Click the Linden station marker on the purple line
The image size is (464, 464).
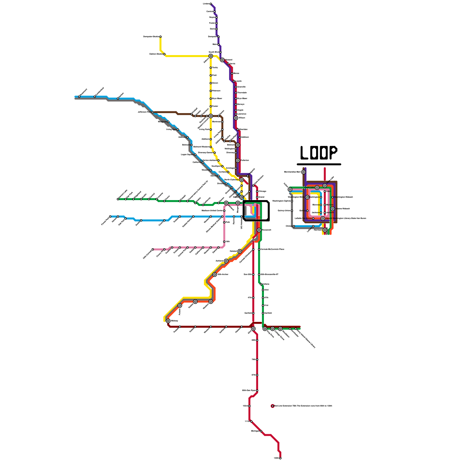[x=211, y=4]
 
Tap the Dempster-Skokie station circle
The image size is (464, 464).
[x=160, y=37]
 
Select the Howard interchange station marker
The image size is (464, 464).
[x=222, y=60]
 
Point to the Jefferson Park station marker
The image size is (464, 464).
[x=153, y=112]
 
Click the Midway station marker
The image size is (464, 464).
[x=168, y=321]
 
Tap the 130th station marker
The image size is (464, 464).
[x=280, y=458]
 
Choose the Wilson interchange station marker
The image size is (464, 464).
[x=236, y=118]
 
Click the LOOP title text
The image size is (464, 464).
[x=319, y=153]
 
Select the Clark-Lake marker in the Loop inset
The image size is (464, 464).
[x=317, y=188]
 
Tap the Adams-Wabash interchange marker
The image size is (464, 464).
[x=333, y=209]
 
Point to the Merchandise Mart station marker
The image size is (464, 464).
[x=304, y=172]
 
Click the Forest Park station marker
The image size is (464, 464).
[x=110, y=217]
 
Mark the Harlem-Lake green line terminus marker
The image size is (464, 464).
[x=118, y=199]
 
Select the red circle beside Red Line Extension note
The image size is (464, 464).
[x=273, y=406]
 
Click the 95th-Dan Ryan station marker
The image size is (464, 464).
[x=257, y=391]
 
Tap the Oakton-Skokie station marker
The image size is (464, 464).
[x=164, y=54]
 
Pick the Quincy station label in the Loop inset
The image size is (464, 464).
[x=302, y=211]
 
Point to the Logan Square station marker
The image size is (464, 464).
[x=195, y=155]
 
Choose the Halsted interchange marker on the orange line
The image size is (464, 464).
[x=240, y=251]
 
